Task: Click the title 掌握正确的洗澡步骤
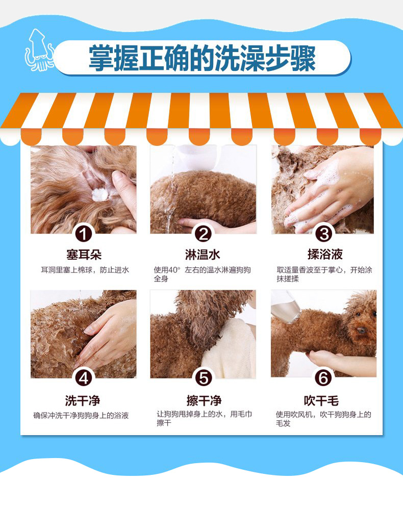(202, 58)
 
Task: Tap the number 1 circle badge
(84, 234)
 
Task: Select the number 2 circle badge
(203, 234)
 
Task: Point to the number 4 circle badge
(84, 377)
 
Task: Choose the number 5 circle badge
(203, 377)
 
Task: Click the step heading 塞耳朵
(84, 255)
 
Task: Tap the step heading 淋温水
(203, 255)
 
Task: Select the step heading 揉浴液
(325, 255)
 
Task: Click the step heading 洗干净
(83, 400)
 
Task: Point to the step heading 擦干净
(204, 400)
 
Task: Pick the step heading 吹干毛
(321, 401)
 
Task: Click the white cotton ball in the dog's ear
(100, 194)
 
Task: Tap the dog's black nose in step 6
(361, 330)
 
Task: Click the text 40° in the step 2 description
(174, 270)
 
